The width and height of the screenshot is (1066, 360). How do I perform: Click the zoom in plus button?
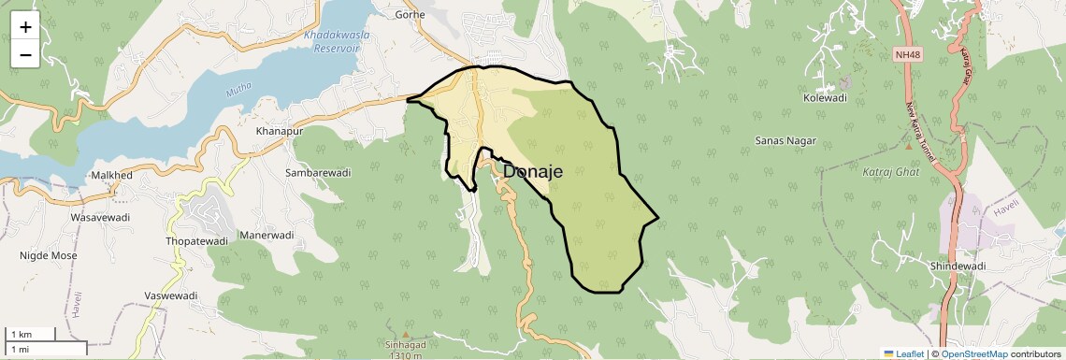[x=25, y=27]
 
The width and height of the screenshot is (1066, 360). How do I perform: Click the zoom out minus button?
[x=25, y=54]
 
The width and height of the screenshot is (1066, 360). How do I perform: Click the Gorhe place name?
[x=411, y=14]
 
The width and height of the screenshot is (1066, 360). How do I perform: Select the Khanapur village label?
[x=280, y=132]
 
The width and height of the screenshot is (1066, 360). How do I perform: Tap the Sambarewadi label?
[x=317, y=173]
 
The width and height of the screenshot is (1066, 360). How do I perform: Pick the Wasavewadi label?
[x=101, y=217]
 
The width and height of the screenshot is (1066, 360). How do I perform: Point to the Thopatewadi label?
[x=196, y=241]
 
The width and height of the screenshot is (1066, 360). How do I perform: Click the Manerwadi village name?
[x=266, y=235]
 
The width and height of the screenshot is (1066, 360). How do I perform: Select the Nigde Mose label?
[x=49, y=254]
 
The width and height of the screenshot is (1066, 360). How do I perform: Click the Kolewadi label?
[x=825, y=97]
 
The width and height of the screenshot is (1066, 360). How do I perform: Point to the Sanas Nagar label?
[x=785, y=141]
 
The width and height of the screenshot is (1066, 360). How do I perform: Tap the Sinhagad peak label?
[x=404, y=345]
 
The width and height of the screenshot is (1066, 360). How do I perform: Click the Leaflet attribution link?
[x=903, y=353]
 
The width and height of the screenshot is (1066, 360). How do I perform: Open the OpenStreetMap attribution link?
[x=973, y=353]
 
